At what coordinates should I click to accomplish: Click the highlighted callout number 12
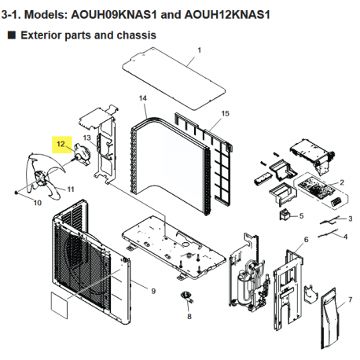(61, 144)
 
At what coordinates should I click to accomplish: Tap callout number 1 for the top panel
(200, 50)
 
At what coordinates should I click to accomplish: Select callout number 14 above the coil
(142, 98)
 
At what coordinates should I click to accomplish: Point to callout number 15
(225, 114)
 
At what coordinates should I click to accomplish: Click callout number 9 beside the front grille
(153, 291)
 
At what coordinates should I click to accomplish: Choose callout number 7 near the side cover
(351, 299)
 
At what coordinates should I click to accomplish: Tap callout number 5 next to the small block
(301, 216)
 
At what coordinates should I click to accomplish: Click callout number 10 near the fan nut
(38, 203)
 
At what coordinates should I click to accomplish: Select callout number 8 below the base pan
(189, 317)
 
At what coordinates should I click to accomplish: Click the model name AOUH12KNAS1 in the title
(227, 15)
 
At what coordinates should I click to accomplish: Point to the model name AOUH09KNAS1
(114, 15)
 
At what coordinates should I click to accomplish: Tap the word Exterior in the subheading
(41, 35)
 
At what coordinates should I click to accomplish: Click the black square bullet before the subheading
(12, 35)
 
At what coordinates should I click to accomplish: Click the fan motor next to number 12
(82, 154)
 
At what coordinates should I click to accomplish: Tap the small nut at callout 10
(17, 193)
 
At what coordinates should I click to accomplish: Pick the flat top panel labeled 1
(174, 79)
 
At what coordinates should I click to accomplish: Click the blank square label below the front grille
(59, 306)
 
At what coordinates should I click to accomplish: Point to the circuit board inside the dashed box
(314, 187)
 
